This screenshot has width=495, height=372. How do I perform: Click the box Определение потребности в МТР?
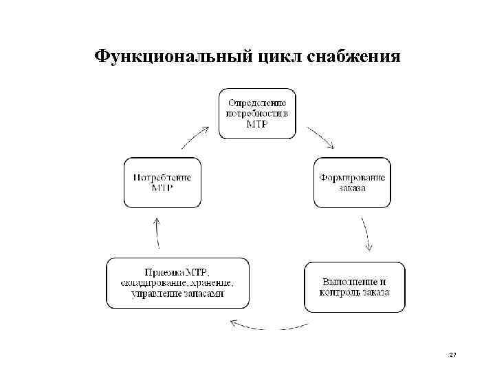tap(258, 113)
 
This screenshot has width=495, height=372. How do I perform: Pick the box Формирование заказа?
tap(352, 183)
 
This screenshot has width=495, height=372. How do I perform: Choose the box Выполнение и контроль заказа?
tap(355, 287)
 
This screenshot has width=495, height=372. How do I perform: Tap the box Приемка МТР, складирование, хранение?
tap(177, 283)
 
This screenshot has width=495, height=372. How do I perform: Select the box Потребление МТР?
tap(162, 183)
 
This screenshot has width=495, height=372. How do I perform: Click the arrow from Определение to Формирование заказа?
tap(321, 137)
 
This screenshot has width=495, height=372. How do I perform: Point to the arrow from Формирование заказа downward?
tap(367, 235)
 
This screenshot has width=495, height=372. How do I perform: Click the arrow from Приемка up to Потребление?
tap(157, 233)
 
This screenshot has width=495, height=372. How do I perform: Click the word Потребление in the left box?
tap(162, 177)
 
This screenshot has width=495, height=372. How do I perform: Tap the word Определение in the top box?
tap(258, 102)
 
